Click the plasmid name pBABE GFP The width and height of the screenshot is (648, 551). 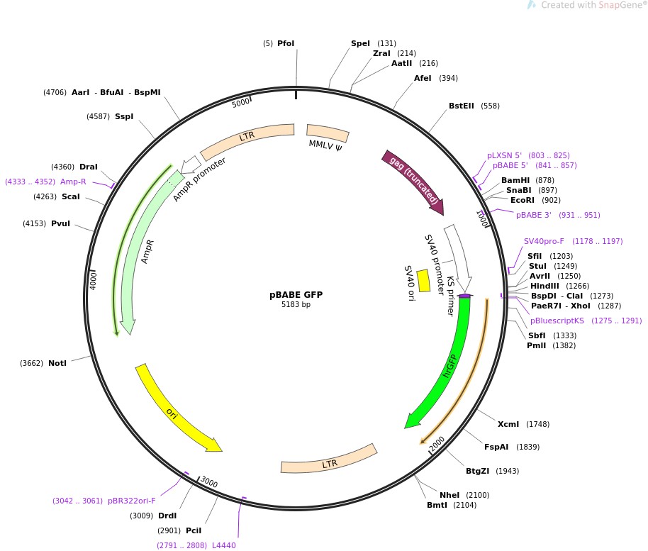[296, 295]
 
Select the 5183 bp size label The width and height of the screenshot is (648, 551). [296, 305]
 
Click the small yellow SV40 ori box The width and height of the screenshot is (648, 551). [423, 280]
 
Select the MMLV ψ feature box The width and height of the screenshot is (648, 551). [327, 133]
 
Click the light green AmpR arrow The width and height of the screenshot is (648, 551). [135, 255]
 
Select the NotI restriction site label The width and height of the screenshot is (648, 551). [57, 363]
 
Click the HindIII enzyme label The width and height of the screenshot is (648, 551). [545, 286]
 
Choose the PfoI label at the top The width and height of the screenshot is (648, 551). [286, 43]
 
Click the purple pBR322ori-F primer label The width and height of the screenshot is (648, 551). [132, 501]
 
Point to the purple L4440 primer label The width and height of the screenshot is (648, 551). [224, 545]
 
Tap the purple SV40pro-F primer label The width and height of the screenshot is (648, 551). [544, 241]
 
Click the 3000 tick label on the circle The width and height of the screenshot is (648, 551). [209, 482]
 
